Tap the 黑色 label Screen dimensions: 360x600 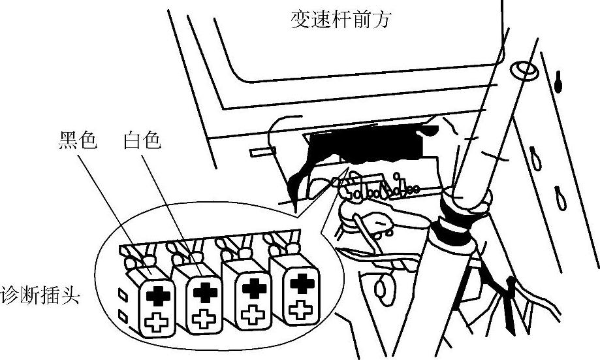76,141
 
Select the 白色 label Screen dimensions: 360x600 142,141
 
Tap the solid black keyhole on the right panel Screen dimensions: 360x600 560,82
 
